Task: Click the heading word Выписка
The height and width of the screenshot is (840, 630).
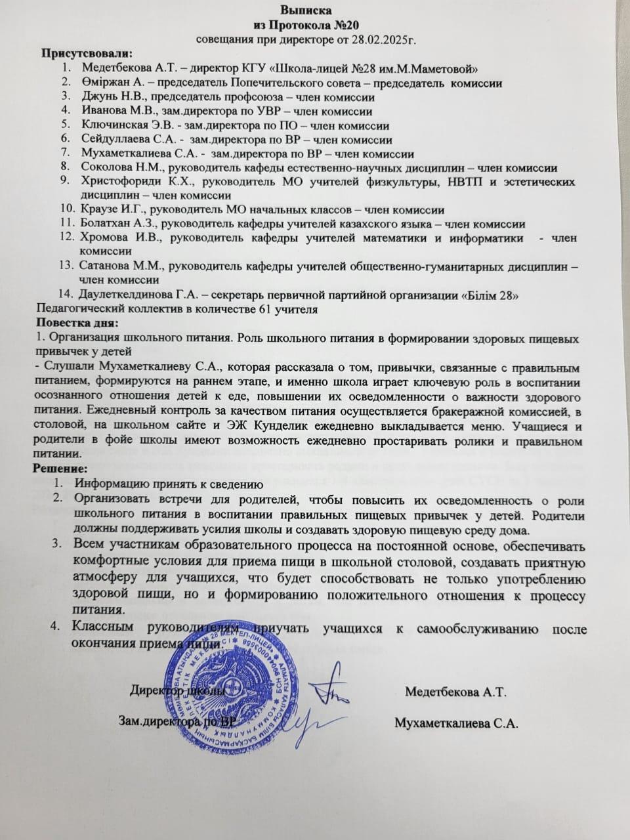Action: coord(306,10)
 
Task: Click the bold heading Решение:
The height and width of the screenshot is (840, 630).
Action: coord(60,469)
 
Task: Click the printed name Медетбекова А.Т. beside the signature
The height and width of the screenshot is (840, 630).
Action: coord(455,692)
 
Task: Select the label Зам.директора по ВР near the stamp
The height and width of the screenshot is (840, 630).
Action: coord(176,722)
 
